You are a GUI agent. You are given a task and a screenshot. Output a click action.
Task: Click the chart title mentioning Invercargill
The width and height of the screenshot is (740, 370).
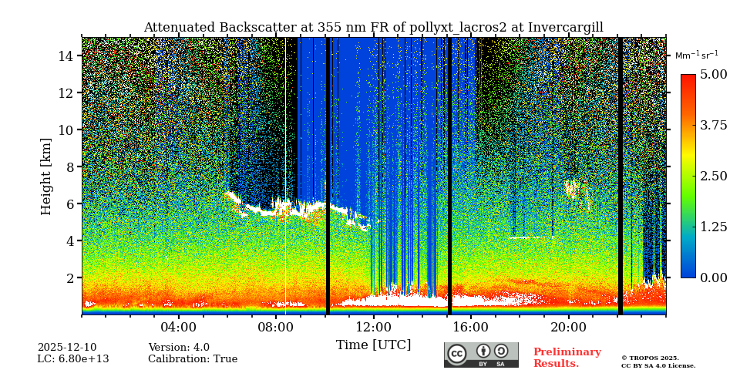point(373,28)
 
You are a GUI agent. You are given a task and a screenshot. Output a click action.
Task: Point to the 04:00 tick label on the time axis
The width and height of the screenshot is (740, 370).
point(179,327)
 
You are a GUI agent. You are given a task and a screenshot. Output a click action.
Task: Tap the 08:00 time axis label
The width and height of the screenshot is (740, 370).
point(276,327)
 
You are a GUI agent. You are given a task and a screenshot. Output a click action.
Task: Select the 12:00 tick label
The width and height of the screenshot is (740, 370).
point(374,327)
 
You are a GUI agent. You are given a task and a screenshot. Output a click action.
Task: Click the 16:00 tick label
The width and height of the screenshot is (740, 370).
point(471,327)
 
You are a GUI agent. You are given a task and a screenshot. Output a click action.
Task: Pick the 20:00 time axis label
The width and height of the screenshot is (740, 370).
point(569,327)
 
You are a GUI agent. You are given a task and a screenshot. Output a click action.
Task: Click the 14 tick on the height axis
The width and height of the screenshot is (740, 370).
point(66,55)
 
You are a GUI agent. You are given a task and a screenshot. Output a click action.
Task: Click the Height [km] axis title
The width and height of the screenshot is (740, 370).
point(46,176)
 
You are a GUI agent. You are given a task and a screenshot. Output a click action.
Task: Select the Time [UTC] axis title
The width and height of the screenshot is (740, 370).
point(373,345)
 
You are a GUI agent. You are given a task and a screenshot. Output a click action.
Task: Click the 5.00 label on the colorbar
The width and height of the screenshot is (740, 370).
point(713,75)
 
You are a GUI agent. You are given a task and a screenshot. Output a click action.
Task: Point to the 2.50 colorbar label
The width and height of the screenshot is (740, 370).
point(713,176)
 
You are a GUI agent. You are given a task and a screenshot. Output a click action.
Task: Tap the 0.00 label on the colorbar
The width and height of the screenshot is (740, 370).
point(713,277)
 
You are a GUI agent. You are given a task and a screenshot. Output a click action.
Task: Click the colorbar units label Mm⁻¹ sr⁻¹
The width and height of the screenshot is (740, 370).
point(696,55)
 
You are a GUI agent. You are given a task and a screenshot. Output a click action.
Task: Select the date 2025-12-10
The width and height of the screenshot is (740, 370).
point(67,348)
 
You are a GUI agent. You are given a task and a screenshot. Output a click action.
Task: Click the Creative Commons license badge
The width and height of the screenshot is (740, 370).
point(481,355)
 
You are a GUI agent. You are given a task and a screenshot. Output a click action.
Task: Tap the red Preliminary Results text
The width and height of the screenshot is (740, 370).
point(567,358)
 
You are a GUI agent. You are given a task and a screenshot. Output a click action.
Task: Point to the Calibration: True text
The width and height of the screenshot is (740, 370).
point(193,359)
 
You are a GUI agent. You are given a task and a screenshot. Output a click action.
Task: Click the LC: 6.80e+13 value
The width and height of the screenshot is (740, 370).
point(73,359)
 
